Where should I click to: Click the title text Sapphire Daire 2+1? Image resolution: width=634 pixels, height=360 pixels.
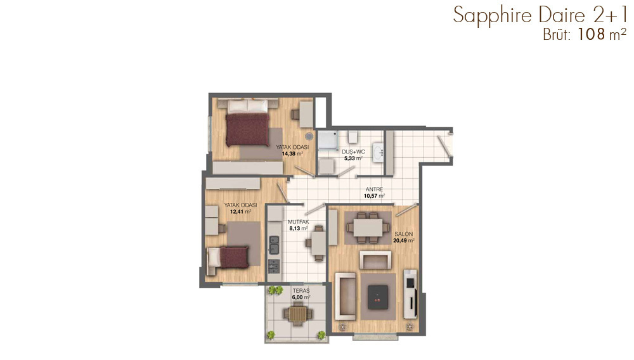click(x=540, y=15)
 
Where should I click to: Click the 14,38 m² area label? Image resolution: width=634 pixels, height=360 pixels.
click(x=292, y=153)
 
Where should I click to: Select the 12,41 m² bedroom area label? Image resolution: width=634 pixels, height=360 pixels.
click(x=240, y=211)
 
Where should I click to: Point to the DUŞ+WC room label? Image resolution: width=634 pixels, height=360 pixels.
click(x=353, y=152)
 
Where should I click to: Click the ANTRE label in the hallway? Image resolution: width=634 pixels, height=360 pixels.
click(x=374, y=189)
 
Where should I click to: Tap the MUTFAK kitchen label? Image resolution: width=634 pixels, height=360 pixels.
click(x=299, y=222)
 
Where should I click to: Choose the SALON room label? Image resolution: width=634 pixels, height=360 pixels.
click(x=403, y=234)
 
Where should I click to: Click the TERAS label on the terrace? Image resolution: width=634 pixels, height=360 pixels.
click(x=301, y=290)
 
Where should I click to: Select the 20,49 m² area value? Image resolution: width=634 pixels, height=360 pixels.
click(x=403, y=240)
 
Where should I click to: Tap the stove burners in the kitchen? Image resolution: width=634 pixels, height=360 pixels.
click(x=274, y=266)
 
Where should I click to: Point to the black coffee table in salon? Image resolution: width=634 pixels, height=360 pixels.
click(x=378, y=297)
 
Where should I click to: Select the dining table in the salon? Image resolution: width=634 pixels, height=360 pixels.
click(x=368, y=228)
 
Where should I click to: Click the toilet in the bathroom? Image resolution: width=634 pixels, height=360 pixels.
click(x=352, y=137)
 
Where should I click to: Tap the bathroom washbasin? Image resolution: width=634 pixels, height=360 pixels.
click(x=378, y=153)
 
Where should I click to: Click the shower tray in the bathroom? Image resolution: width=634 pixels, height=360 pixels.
click(x=328, y=140)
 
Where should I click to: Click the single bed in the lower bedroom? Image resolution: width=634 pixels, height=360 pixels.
click(x=228, y=257)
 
